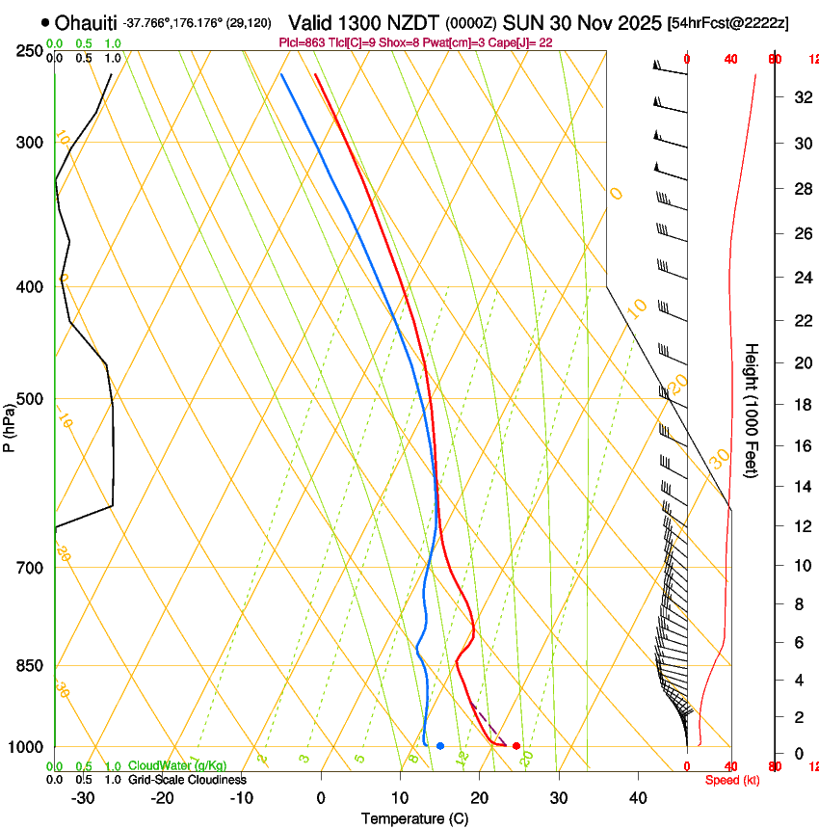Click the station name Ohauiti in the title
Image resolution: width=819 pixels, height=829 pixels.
87,22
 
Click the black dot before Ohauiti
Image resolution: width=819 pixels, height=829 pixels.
45,22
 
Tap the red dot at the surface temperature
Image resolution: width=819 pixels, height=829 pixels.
516,746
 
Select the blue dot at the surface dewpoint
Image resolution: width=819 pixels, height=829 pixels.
440,746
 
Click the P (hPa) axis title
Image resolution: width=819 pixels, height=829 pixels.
10,423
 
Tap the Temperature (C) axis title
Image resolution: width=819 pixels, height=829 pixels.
414,819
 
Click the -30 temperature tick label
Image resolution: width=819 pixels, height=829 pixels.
83,798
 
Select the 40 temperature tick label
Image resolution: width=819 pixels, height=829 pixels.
638,798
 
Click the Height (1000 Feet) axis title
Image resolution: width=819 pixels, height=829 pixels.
752,410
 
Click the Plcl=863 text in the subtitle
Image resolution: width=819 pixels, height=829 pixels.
300,42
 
